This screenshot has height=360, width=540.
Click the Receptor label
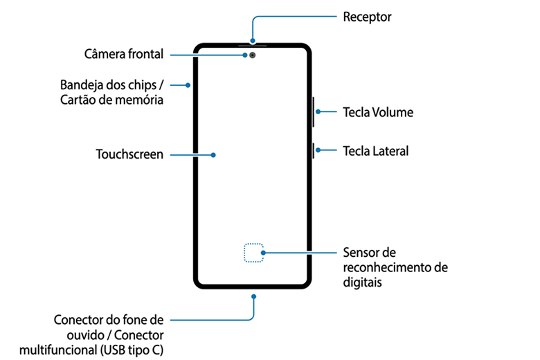pos(367,17)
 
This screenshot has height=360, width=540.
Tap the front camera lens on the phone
pos(253,55)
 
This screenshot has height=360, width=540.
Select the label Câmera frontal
pos(123,54)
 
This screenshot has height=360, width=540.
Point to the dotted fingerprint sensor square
pos(254,253)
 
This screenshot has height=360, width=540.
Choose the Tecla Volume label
pos(377,112)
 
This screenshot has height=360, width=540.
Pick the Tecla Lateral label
pos(376,150)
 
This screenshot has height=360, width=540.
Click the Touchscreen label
pos(129,154)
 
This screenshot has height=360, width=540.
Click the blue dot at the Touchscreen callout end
pos(214,155)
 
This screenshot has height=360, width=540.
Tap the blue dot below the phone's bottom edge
pos(254,296)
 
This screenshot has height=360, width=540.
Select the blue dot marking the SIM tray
pos(188,85)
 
